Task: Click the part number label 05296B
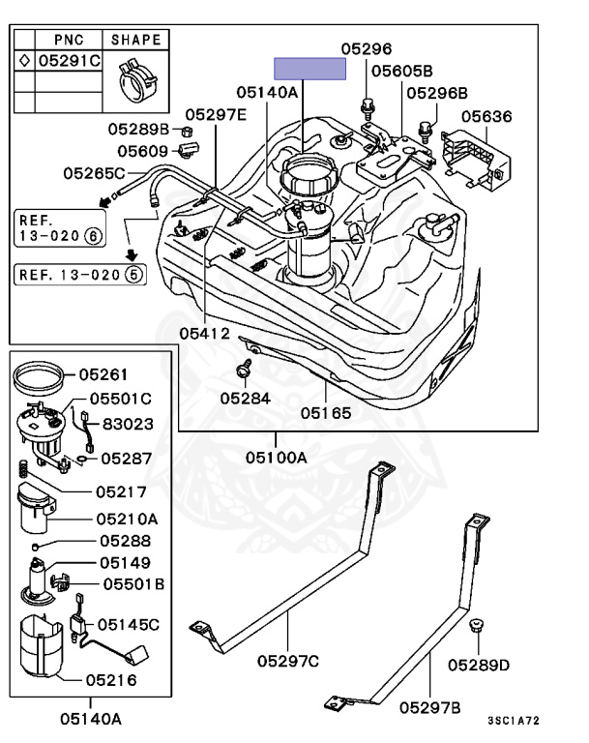coord(437,93)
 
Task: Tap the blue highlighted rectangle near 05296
coord(310,69)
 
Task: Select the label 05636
coord(486,116)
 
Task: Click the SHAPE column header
coord(136,40)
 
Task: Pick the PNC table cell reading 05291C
coord(70,61)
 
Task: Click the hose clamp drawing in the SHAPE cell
coord(137,80)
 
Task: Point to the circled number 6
coord(93,235)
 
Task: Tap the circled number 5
coord(134,275)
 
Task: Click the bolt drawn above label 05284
coord(244,369)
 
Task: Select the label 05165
coord(326,413)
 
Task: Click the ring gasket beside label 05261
coord(38,376)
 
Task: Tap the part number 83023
coord(128,424)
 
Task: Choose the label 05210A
coord(127,519)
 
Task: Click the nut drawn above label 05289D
coord(476,626)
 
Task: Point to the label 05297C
coord(288,661)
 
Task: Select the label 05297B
coord(429,707)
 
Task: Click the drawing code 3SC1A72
coord(514,721)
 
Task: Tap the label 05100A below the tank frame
coord(277,458)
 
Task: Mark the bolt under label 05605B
coord(367,106)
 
